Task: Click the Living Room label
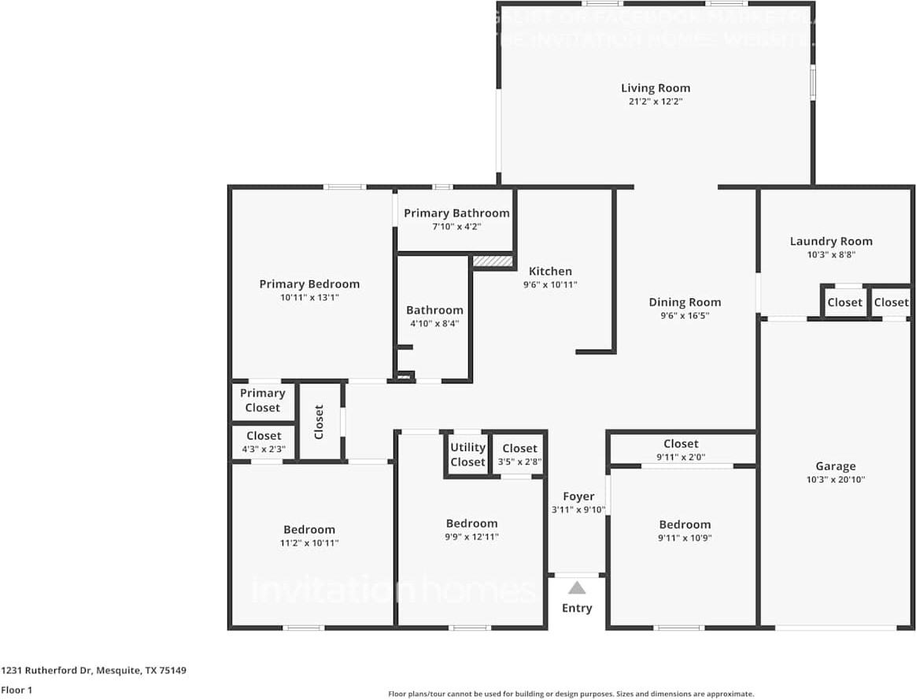[x=655, y=88]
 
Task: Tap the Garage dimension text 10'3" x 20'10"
[x=835, y=480]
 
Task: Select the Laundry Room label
[x=831, y=241]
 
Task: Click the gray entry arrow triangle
[x=577, y=587]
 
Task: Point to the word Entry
[x=577, y=608]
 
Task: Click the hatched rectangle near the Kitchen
[x=493, y=260]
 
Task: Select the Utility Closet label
[x=468, y=455]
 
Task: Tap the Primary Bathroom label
[x=456, y=213]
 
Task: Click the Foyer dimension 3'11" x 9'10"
[x=578, y=510]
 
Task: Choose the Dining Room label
[x=685, y=302]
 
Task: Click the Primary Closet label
[x=262, y=400]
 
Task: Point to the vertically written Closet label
[x=319, y=422]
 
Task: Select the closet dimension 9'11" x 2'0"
[x=681, y=457]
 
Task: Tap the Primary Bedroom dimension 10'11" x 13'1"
[x=309, y=298]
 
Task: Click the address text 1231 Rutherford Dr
[x=47, y=671]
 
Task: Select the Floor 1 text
[x=16, y=690]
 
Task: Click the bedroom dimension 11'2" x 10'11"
[x=309, y=543]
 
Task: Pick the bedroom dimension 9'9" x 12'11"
[x=472, y=537]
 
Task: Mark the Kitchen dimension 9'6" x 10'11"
[x=550, y=285]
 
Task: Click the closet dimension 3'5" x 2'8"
[x=519, y=462]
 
